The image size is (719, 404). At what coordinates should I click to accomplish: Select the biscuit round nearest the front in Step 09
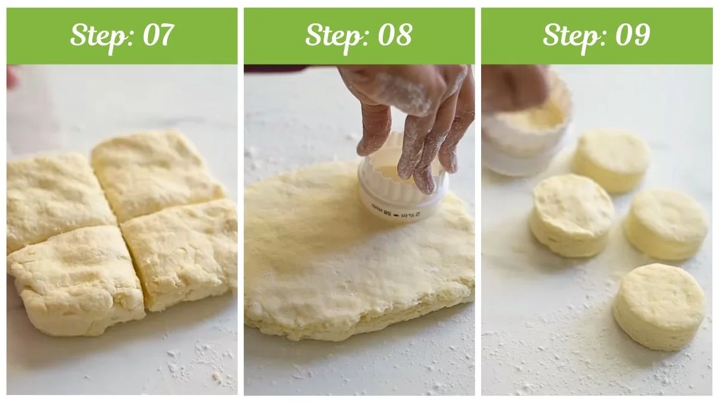pos(659,305)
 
